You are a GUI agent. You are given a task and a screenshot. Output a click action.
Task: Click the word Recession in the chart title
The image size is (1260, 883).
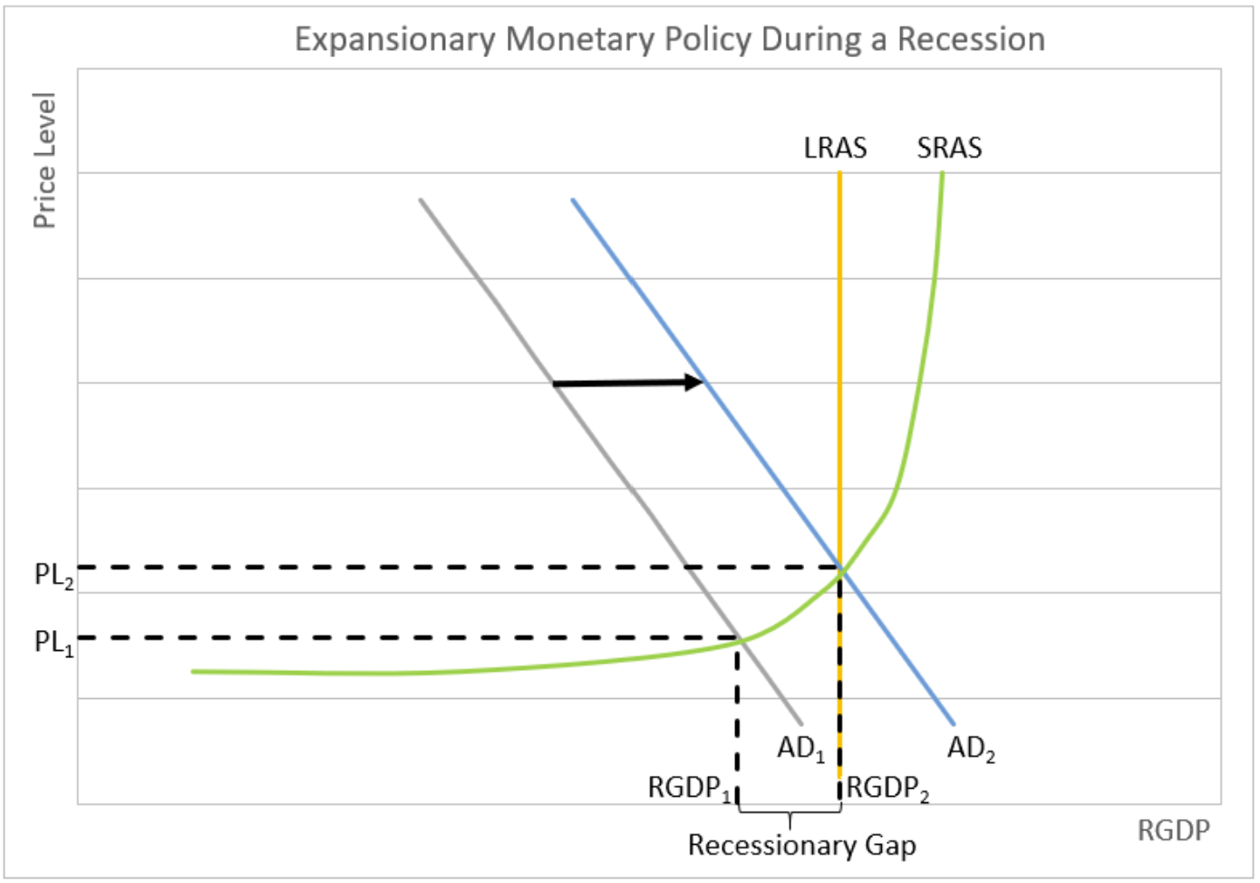point(971,39)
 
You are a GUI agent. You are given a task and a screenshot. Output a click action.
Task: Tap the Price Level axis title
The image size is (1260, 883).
point(44,160)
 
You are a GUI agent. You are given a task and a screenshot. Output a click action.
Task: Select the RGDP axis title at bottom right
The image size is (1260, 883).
point(1173,830)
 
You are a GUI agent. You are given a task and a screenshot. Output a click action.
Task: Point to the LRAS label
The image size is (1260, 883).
point(835,148)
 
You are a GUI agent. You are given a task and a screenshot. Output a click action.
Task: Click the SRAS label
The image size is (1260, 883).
point(949,148)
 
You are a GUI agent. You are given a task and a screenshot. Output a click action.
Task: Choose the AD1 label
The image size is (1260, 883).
point(800,749)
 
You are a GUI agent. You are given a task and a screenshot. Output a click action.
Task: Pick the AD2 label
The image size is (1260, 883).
point(971,749)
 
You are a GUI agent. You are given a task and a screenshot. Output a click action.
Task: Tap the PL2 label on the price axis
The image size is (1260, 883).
point(53,576)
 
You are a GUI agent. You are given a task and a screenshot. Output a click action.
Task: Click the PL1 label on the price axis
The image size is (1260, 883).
point(53,643)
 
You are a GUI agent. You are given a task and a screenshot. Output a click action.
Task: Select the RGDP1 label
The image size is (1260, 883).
point(689,788)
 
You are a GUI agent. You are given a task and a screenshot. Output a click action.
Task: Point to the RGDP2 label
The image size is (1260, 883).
point(887,788)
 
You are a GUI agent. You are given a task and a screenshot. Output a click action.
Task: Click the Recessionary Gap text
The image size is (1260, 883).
point(801,845)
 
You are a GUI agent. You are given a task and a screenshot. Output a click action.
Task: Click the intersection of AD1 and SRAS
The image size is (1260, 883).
point(740,640)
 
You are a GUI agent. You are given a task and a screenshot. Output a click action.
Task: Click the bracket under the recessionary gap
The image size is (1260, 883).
point(790,815)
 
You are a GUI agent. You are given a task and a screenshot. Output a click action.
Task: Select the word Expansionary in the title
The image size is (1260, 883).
point(395,39)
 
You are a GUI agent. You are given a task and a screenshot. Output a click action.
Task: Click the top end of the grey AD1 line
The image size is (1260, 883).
point(422,199)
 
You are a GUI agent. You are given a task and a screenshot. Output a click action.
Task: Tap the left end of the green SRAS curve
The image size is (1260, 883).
point(193,671)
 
